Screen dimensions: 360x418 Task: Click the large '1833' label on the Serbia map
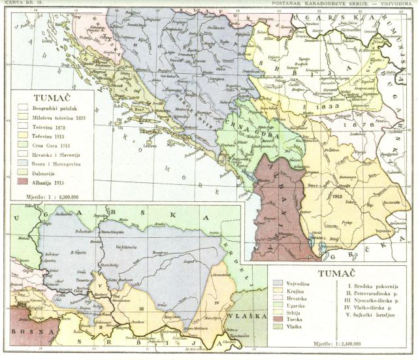pyautogui.click(x=327, y=105)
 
